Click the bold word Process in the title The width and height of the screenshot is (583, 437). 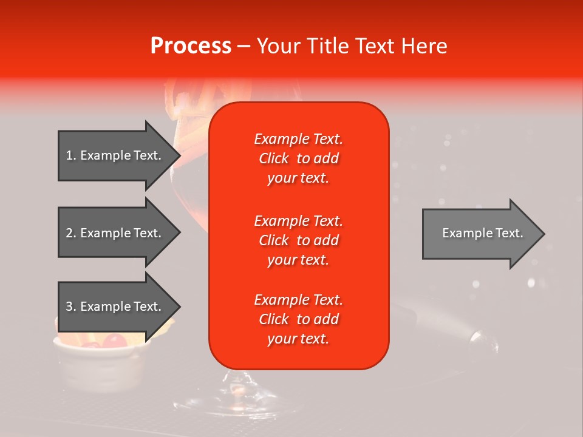[x=191, y=46]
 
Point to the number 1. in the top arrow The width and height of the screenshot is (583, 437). [x=71, y=155]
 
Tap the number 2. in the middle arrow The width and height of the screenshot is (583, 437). [x=71, y=233]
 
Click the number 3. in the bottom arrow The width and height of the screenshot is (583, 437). [x=71, y=307]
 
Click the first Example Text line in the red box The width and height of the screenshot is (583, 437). [x=298, y=139]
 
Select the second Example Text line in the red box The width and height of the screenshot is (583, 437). [x=298, y=220]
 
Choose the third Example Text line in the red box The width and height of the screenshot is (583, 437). [x=298, y=300]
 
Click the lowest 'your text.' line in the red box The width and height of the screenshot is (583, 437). [x=298, y=339]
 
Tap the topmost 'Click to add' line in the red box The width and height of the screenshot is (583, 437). [x=298, y=158]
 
